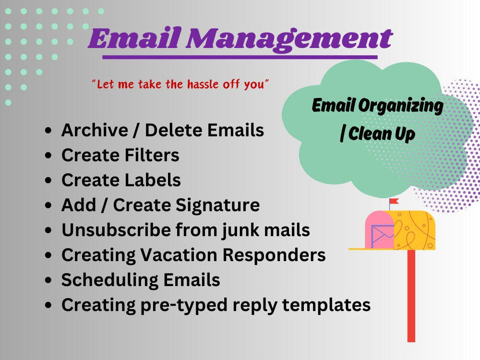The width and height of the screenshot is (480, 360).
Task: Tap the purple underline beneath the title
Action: coord(240,57)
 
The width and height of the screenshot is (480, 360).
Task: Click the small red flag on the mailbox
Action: coord(395,201)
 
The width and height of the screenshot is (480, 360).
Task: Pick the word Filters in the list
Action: coord(153,155)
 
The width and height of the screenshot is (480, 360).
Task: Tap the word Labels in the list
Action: coord(154,180)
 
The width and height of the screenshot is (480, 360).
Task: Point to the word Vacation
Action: coord(180,255)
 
